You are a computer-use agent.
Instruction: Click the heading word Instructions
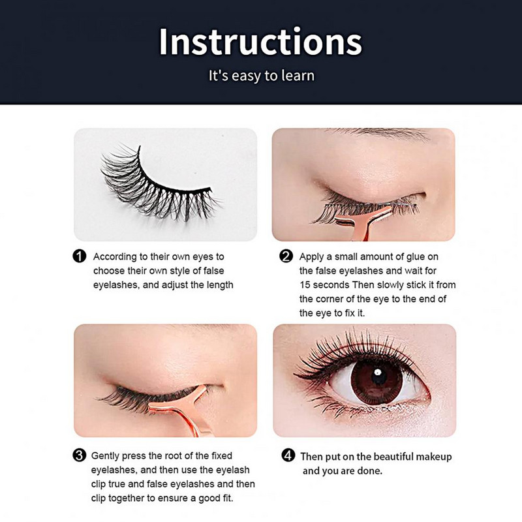260,42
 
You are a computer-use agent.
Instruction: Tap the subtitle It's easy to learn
262,76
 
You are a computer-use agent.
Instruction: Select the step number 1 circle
79,256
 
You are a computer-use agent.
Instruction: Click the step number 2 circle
286,256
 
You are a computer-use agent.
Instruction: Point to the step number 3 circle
79,455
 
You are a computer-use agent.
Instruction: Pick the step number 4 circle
288,455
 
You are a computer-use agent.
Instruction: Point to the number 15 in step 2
304,285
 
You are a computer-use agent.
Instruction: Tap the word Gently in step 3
105,455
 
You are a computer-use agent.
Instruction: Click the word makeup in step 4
434,456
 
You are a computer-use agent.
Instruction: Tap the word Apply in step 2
311,257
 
